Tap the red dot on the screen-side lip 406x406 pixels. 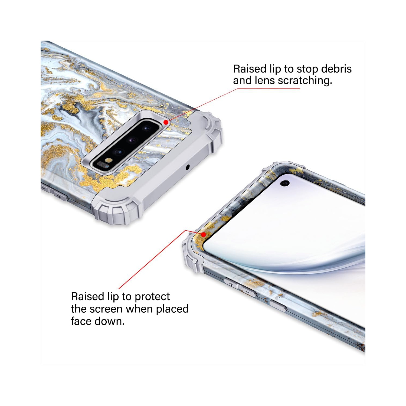[204, 234]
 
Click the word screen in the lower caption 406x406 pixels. [106, 309]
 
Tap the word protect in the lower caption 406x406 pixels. [152, 297]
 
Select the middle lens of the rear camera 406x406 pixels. [133, 140]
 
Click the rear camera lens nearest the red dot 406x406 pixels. [147, 128]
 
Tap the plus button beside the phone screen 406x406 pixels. [231, 284]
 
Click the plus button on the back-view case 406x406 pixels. [59, 196]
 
